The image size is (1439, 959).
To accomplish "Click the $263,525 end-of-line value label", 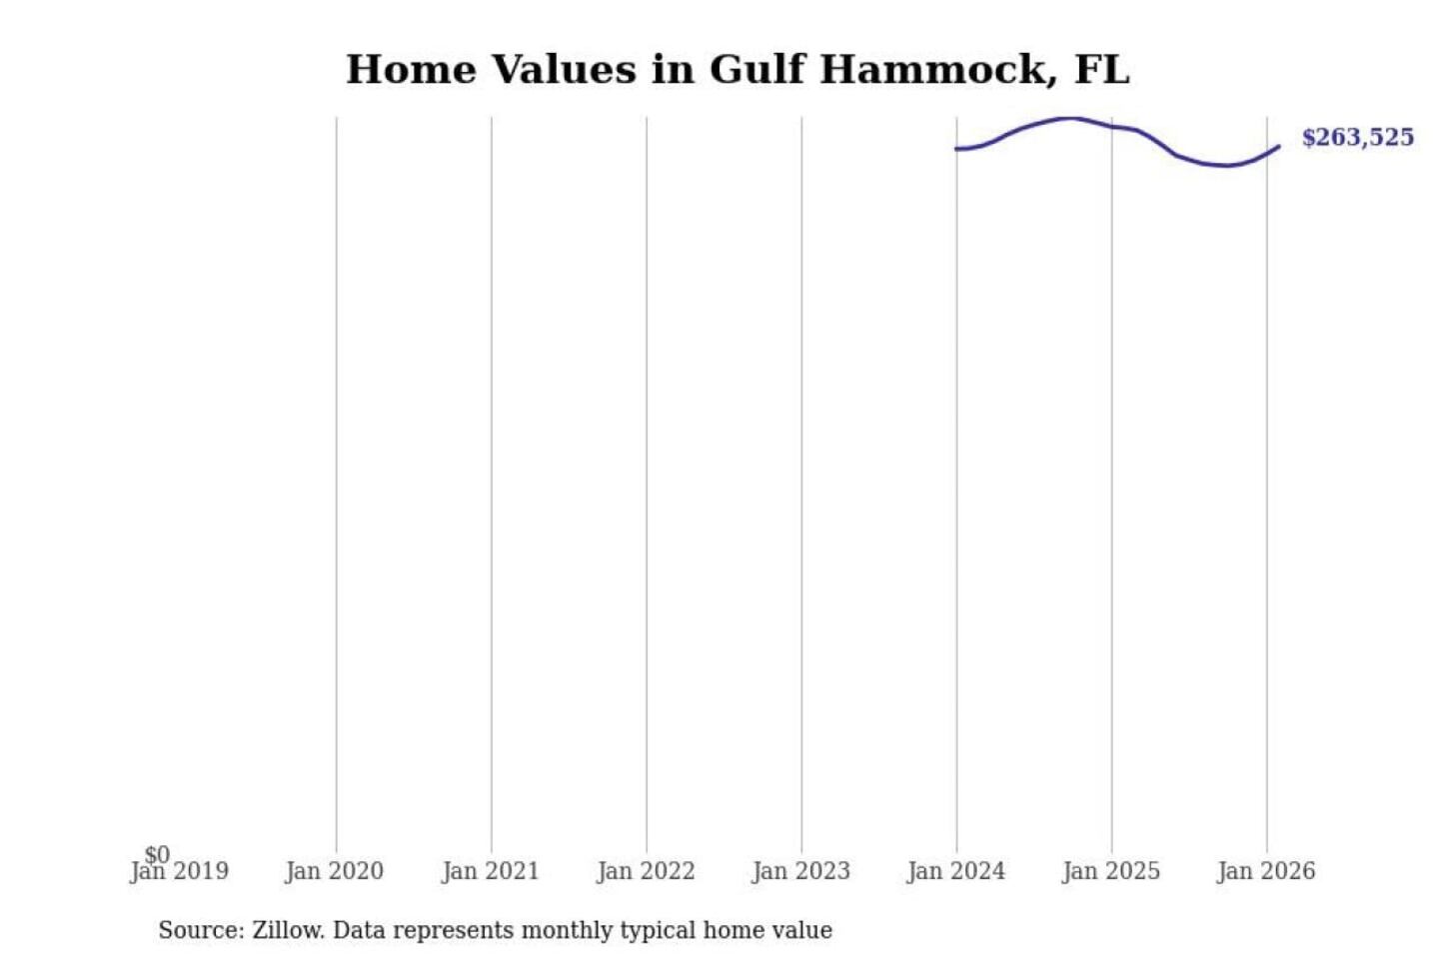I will tap(1357, 137).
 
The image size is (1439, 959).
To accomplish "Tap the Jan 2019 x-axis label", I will tap(180, 871).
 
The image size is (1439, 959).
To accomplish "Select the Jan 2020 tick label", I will tap(334, 871).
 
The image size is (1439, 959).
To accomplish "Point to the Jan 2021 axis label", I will tap(490, 871).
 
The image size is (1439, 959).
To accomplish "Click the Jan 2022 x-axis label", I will tap(646, 871).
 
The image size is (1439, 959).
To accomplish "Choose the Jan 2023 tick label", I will tap(800, 871).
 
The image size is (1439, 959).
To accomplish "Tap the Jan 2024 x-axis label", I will tap(955, 871).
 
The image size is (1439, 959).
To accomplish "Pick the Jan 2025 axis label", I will tap(1110, 871).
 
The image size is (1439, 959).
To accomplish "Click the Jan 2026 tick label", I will tap(1265, 871).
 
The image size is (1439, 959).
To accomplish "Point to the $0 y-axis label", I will tap(157, 854).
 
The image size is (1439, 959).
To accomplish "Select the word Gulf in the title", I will tap(756, 70).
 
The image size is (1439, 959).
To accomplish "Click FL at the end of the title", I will tap(1101, 70).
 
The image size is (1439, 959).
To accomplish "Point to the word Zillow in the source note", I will tap(287, 930).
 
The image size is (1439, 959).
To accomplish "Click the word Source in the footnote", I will tap(200, 930).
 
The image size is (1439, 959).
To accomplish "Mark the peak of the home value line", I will tap(1069, 118).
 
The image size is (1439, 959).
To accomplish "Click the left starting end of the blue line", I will tap(956, 149).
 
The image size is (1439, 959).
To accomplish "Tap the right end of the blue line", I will tap(1279, 147).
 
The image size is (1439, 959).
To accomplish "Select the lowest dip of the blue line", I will tap(1227, 166).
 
